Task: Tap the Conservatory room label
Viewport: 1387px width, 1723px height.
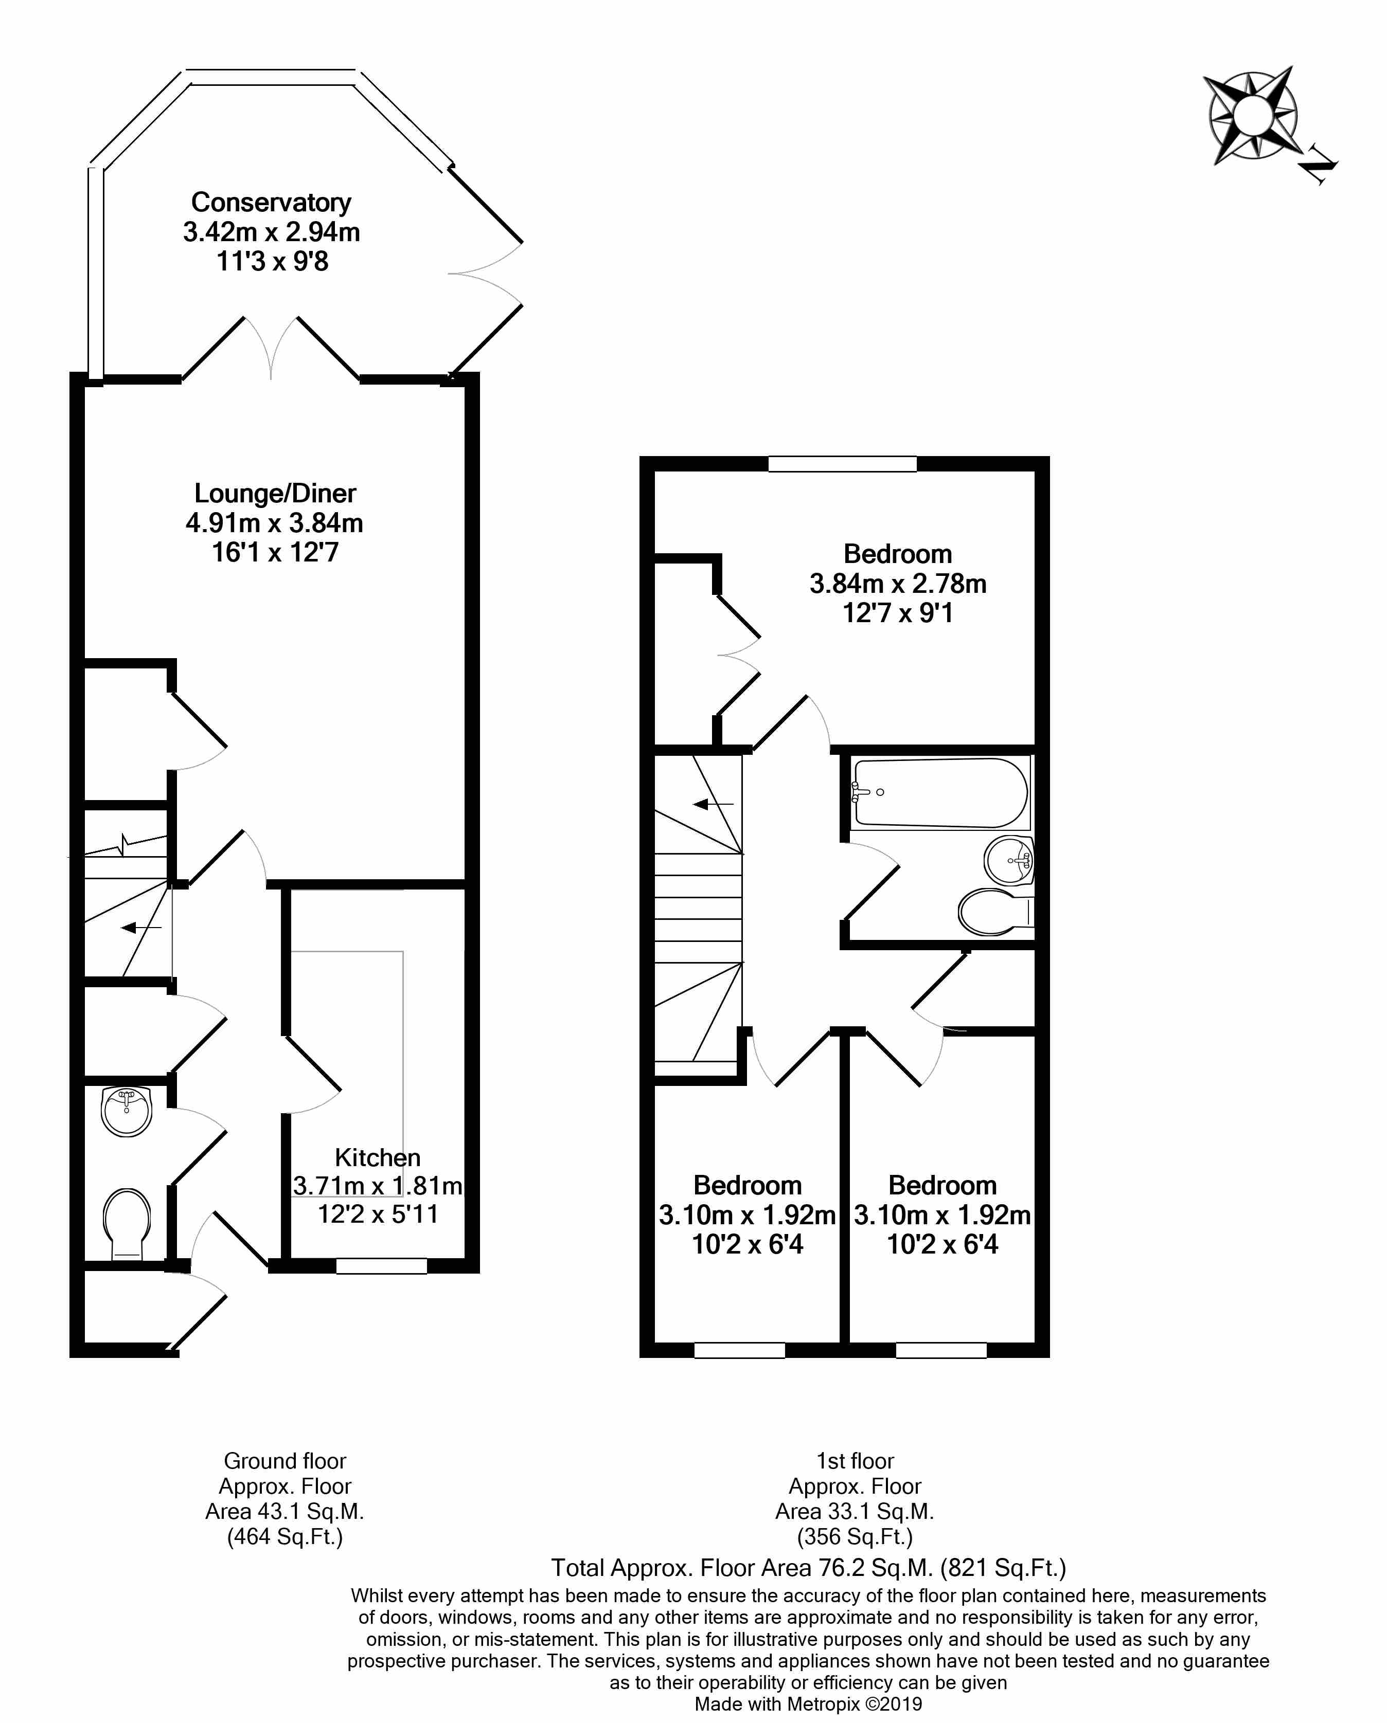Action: tap(271, 202)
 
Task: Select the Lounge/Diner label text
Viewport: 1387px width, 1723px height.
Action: tap(275, 493)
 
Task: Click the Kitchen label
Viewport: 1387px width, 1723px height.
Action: tap(377, 1157)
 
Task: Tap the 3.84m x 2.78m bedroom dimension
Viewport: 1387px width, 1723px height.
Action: tap(898, 584)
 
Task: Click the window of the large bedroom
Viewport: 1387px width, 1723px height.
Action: tap(842, 463)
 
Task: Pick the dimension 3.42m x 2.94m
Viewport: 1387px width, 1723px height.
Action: tap(271, 232)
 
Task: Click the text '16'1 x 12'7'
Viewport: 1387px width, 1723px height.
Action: tap(275, 552)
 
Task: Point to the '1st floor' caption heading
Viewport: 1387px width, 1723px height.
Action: tap(855, 1461)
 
